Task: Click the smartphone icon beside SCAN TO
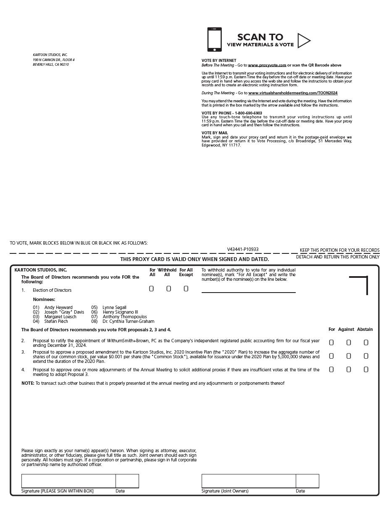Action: tap(214, 40)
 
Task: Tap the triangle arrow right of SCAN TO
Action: tap(303, 40)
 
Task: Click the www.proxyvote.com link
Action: tap(267, 65)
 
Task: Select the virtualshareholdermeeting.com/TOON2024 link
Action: tap(293, 93)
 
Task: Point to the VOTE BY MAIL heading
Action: tap(215, 133)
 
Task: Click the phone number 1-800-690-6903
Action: tap(248, 113)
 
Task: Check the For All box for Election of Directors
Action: tap(151, 289)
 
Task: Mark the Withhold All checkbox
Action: tap(168, 289)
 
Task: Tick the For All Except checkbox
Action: tap(186, 289)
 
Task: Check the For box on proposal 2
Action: tap(331, 343)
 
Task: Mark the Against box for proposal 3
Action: tap(349, 356)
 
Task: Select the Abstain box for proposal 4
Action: tap(366, 370)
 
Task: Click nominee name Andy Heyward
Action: tap(58, 308)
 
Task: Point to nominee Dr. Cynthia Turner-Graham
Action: tap(128, 322)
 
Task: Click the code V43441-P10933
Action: tap(243, 249)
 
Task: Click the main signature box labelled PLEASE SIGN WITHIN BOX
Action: tap(68, 481)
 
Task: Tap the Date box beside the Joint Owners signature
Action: tap(307, 481)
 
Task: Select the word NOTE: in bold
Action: tap(28, 383)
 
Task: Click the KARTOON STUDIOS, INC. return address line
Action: tap(50, 55)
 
